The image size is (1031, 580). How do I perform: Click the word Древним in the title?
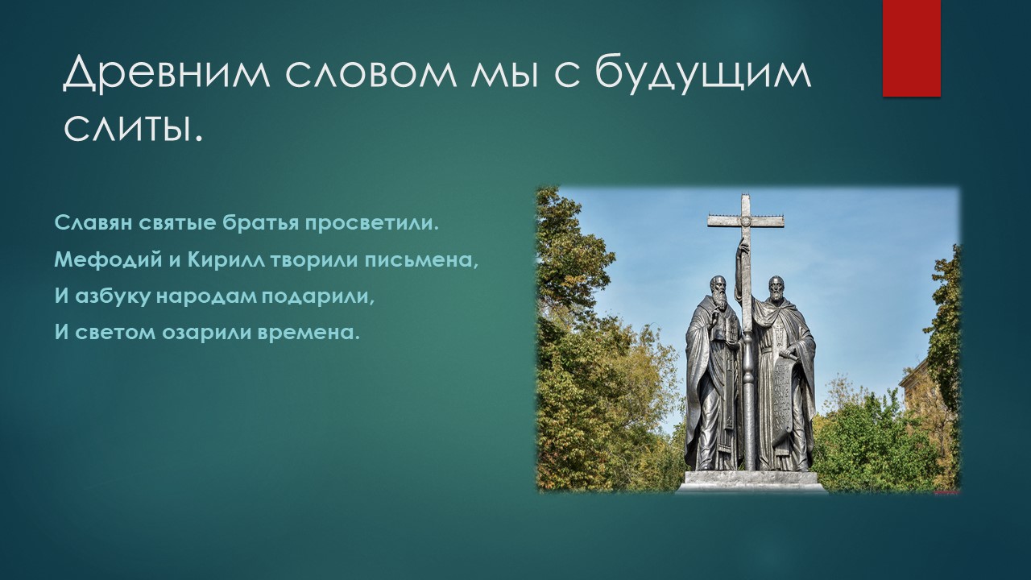[166, 72]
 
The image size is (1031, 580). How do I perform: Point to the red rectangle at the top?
[911, 48]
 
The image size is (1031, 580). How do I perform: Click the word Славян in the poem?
[93, 223]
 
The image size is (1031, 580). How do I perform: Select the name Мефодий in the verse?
[108, 260]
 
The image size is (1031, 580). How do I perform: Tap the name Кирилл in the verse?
[226, 260]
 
